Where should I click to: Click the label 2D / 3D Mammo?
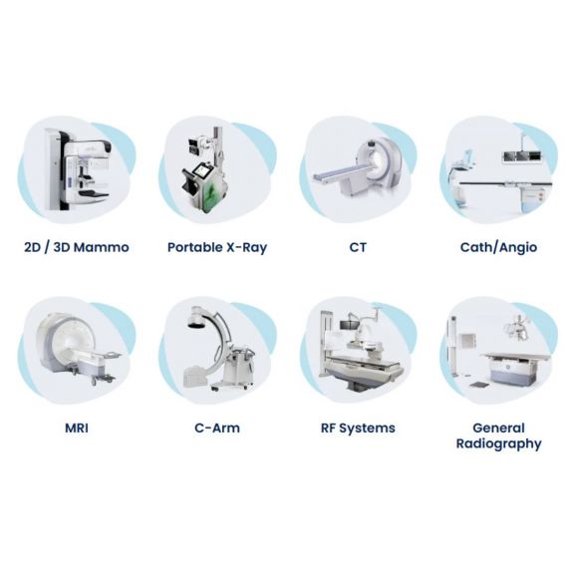click(x=77, y=247)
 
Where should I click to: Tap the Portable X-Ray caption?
click(x=217, y=247)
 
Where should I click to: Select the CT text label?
click(x=358, y=247)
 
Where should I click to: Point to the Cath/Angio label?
click(x=499, y=247)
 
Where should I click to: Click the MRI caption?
click(x=77, y=428)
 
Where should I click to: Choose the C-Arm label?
click(x=217, y=428)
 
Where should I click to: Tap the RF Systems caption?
click(x=358, y=428)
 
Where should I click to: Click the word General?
click(x=499, y=428)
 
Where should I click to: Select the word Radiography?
click(x=499, y=443)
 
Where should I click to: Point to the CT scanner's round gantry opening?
click(x=378, y=161)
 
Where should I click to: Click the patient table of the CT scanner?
click(x=341, y=174)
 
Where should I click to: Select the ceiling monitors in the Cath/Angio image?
click(x=522, y=156)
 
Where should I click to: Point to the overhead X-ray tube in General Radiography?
click(x=517, y=328)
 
